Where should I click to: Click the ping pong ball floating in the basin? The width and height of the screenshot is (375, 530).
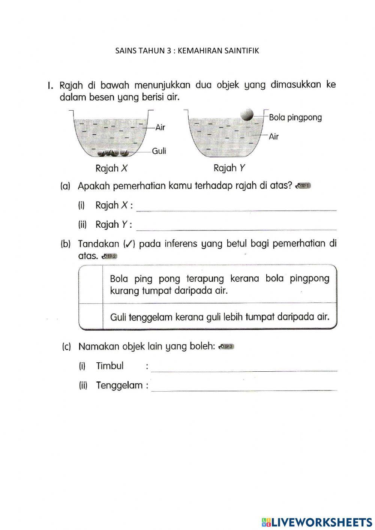click(247, 114)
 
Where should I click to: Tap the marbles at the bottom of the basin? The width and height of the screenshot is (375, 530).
click(113, 153)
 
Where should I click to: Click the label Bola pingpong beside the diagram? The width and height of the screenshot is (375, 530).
click(295, 117)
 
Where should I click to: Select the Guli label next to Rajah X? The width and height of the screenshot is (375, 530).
click(159, 151)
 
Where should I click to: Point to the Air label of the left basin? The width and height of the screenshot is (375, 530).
click(160, 128)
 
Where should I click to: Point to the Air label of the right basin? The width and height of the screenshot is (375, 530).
click(274, 137)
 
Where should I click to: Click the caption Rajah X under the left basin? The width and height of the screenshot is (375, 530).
click(111, 168)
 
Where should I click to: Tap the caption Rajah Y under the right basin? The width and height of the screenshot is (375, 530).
click(229, 168)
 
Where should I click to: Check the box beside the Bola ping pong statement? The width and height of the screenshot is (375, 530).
click(91, 284)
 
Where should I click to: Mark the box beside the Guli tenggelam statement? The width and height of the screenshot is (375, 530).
click(91, 317)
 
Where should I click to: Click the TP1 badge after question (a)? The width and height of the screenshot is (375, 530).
click(303, 186)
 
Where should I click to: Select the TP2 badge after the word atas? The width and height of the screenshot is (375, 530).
click(109, 257)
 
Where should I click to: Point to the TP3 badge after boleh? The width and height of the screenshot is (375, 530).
click(226, 347)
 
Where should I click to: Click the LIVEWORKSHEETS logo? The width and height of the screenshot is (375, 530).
click(317, 522)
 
